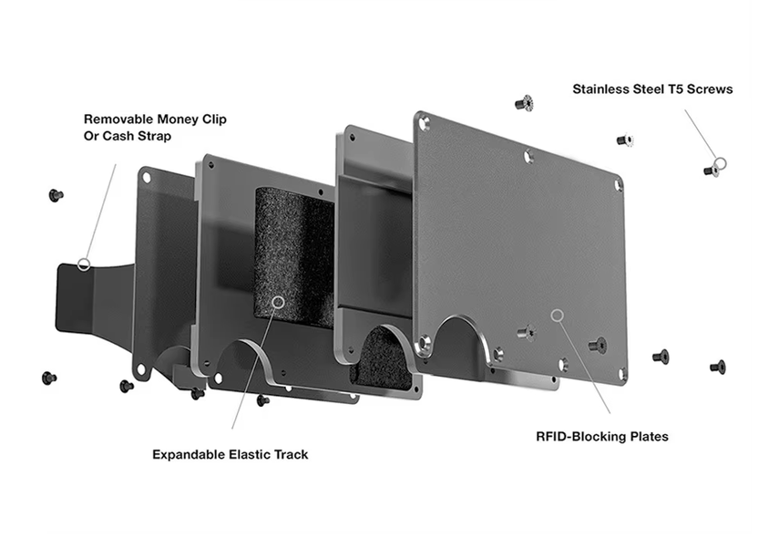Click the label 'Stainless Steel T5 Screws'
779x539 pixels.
point(652,89)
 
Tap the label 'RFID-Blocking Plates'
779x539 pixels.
point(602,437)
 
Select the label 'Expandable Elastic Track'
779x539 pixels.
point(230,454)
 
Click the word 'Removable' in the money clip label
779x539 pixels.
point(118,119)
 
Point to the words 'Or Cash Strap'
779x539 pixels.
point(128,136)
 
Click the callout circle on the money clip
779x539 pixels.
point(84,264)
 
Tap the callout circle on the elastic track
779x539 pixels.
point(279,302)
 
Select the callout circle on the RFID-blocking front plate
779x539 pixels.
point(558,315)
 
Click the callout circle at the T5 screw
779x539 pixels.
point(720,163)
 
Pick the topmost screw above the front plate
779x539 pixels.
point(524,103)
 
